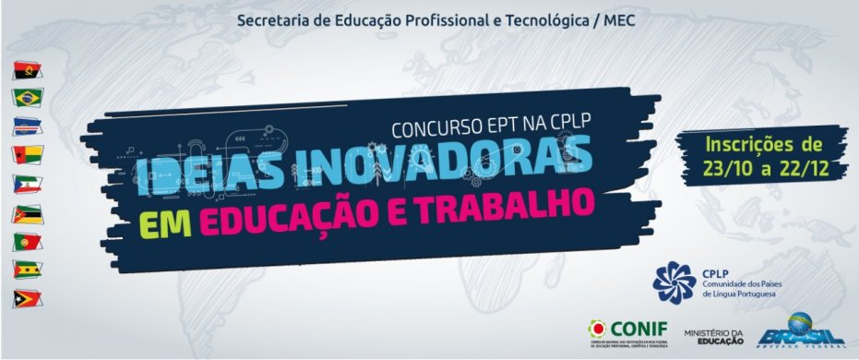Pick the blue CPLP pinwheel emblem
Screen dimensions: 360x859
pos(673,282)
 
